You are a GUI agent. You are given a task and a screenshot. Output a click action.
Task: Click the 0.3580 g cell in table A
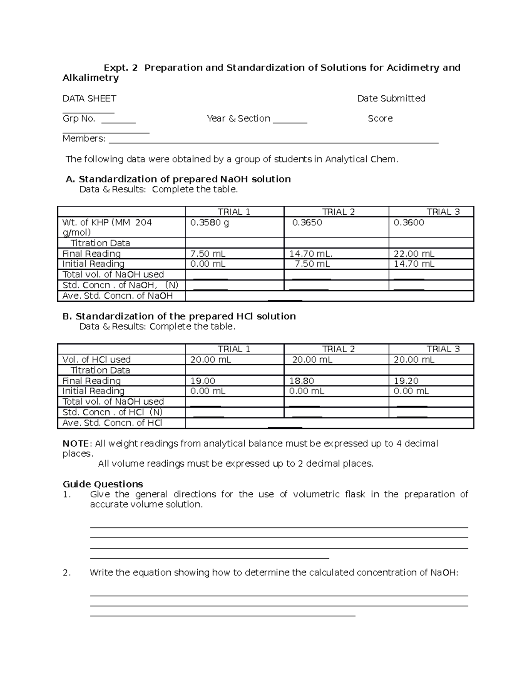(x=209, y=223)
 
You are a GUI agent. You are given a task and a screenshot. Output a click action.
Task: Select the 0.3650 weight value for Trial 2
(x=307, y=223)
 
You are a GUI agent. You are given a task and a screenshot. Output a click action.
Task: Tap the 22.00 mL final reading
(x=414, y=254)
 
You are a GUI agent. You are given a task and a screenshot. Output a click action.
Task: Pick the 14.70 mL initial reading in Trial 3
(x=414, y=264)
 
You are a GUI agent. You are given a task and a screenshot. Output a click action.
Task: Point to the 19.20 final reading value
(x=406, y=381)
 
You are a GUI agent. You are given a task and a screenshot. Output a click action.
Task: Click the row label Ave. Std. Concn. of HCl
(x=112, y=423)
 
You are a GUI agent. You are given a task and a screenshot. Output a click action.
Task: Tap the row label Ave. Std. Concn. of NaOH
(x=117, y=296)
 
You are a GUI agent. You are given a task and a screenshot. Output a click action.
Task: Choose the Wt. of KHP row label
(x=107, y=227)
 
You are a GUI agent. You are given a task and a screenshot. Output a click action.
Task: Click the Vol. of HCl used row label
(x=97, y=359)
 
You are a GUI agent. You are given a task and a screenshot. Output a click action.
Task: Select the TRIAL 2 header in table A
(x=338, y=212)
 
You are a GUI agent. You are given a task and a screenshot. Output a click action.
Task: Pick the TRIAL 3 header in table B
(x=443, y=349)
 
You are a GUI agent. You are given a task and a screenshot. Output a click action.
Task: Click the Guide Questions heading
(x=103, y=484)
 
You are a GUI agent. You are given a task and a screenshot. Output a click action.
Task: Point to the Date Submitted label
(x=391, y=98)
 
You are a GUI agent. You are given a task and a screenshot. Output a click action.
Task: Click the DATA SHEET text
(x=89, y=98)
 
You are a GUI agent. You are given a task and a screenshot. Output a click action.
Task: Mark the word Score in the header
(x=380, y=118)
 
